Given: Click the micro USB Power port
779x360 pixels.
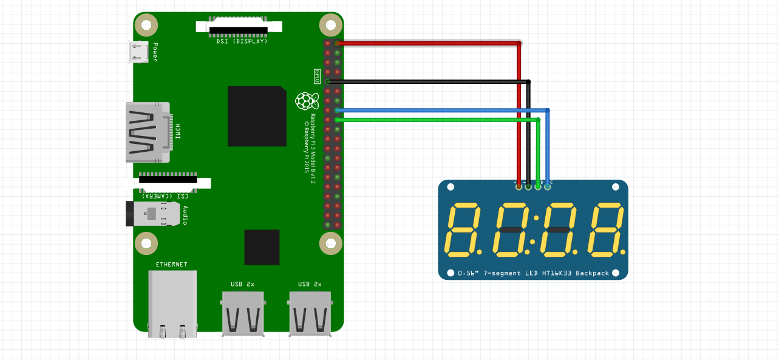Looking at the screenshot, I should [139, 52].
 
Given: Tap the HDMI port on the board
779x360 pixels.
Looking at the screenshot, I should [146, 132].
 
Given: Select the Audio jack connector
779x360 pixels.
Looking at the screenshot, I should [154, 214].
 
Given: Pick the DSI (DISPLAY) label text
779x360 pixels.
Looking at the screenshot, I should [242, 41].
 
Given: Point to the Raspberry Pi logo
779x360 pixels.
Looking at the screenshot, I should [306, 101].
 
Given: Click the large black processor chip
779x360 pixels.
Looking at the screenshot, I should [257, 116].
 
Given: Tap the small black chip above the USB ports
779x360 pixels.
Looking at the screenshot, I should [262, 247].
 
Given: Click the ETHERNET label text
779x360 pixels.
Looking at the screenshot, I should [172, 265].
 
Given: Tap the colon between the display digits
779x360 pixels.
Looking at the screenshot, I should [535, 229].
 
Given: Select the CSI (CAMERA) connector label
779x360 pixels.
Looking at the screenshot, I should [165, 195].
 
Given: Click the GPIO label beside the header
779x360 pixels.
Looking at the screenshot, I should [317, 76].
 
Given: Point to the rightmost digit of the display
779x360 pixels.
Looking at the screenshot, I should [605, 229].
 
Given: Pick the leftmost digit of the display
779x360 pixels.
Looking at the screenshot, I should [463, 229].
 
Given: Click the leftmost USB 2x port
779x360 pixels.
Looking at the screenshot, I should [243, 314].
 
